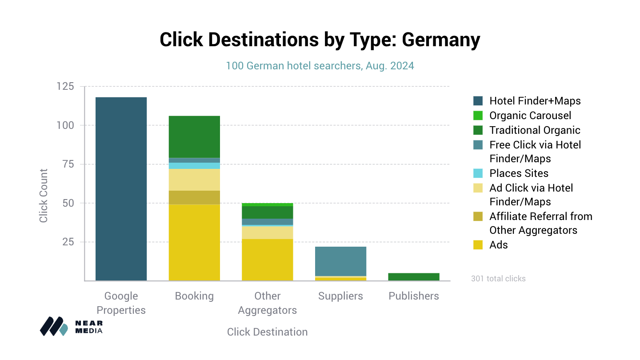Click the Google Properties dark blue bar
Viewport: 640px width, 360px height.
(121, 189)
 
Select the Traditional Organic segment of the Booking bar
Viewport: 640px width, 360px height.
(194, 137)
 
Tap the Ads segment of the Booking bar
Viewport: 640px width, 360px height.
(194, 243)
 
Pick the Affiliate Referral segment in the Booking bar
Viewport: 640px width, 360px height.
(194, 198)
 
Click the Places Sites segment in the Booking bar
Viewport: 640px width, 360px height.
(194, 166)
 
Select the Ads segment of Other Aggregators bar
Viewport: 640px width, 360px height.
(268, 260)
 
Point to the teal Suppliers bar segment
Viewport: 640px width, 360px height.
(340, 261)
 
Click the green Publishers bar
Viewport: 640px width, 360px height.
(414, 277)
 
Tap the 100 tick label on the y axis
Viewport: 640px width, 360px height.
(65, 125)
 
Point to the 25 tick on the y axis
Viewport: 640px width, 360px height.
(68, 242)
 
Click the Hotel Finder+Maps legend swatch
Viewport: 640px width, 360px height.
(478, 101)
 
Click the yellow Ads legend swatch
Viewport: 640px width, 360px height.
(478, 245)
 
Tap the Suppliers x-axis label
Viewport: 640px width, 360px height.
(340, 296)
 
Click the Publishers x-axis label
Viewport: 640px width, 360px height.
(414, 296)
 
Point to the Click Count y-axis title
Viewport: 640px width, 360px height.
(44, 196)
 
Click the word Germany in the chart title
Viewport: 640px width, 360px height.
(441, 40)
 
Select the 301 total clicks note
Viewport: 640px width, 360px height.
(498, 279)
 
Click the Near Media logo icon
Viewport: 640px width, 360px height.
(54, 326)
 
